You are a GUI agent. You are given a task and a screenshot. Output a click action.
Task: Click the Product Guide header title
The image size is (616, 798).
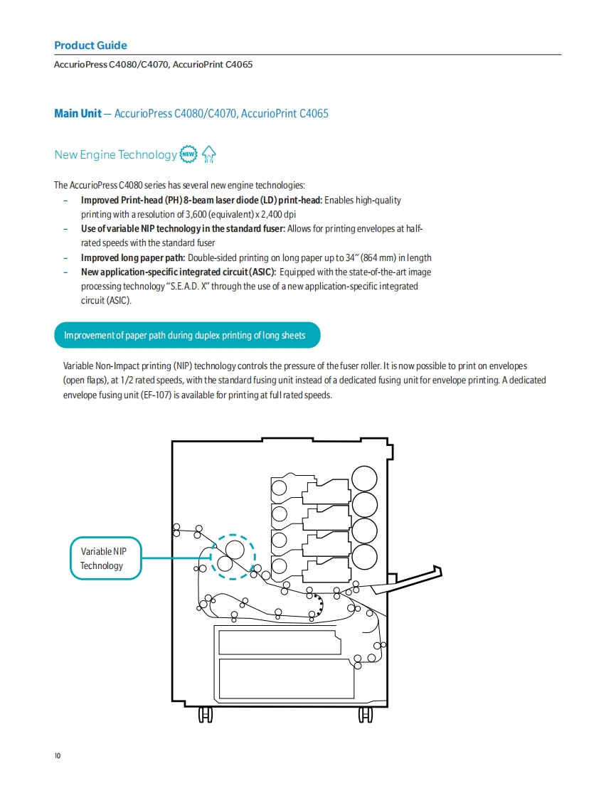tap(90, 46)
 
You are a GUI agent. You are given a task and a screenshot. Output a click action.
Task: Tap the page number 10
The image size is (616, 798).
tap(58, 755)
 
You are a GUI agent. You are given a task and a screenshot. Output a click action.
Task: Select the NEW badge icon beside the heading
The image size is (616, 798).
tap(188, 154)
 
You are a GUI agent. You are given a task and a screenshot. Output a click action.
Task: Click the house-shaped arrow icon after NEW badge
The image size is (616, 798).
tap(208, 154)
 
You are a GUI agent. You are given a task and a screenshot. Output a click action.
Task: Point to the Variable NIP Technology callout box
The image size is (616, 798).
tap(106, 558)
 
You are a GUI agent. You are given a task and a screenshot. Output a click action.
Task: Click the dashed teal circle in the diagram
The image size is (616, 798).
tap(232, 556)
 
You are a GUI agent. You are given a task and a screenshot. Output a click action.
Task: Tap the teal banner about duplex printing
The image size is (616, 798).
tap(186, 335)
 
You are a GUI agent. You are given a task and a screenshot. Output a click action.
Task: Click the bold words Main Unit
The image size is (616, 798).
tap(78, 114)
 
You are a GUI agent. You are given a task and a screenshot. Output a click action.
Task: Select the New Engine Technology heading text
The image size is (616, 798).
tap(115, 155)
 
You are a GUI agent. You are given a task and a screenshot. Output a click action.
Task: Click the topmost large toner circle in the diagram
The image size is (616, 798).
tap(364, 477)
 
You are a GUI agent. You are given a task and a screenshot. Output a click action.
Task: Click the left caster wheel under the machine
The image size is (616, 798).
tap(205, 715)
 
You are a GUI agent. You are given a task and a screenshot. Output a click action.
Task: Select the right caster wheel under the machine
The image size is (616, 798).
tap(365, 715)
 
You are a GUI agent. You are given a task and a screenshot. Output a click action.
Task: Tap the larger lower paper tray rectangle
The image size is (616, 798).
tap(286, 678)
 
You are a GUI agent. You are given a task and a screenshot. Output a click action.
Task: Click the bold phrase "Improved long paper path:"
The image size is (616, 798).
tap(132, 257)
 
